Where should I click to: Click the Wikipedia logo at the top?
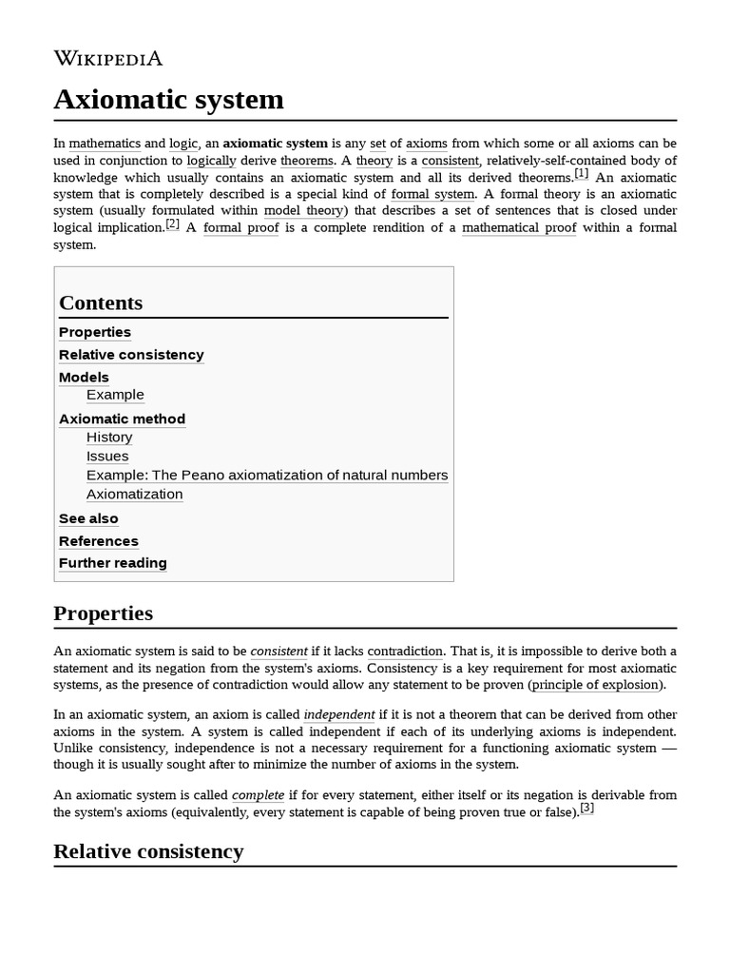[x=107, y=58]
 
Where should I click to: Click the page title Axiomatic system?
[x=168, y=99]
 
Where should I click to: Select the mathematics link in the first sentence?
[x=105, y=144]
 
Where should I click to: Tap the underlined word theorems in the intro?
[x=307, y=161]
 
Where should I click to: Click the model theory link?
[x=305, y=210]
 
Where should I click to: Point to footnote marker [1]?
[x=581, y=174]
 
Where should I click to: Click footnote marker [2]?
[x=172, y=224]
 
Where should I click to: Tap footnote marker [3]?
[x=586, y=808]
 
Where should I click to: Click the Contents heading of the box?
[x=101, y=303]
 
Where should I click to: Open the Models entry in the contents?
[x=84, y=377]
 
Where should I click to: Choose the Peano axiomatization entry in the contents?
[x=266, y=475]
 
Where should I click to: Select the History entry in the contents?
[x=109, y=437]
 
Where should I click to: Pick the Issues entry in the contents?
[x=107, y=456]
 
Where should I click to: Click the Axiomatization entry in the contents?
[x=134, y=494]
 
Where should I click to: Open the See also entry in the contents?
[x=88, y=518]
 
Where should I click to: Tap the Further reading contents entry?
[x=112, y=563]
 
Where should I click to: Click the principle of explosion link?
[x=595, y=685]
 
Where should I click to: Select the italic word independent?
[x=338, y=714]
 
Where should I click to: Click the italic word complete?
[x=258, y=794]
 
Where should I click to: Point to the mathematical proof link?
[x=519, y=227]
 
